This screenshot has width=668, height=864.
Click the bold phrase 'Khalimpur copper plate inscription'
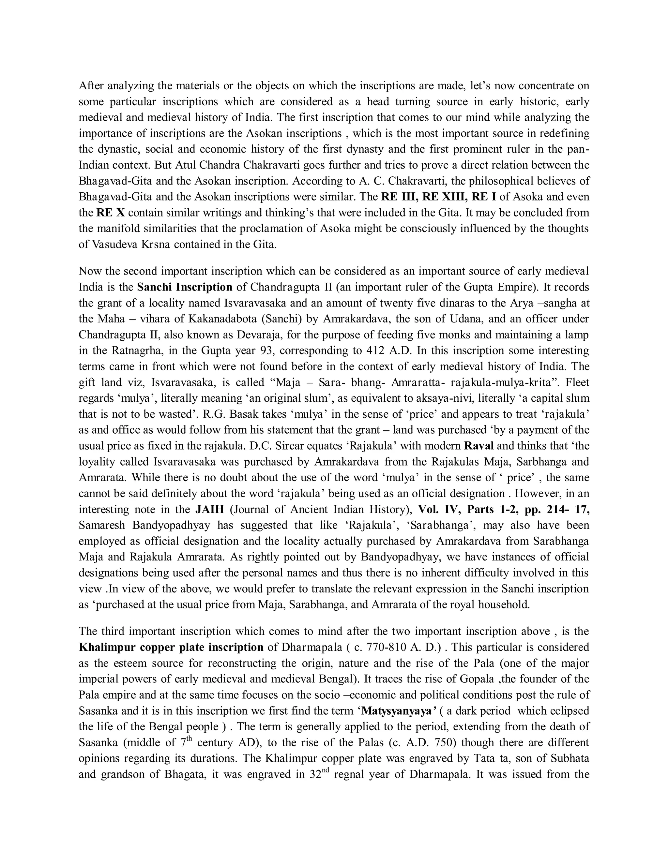point(171,647)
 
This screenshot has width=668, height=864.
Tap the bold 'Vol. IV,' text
point(439,510)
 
